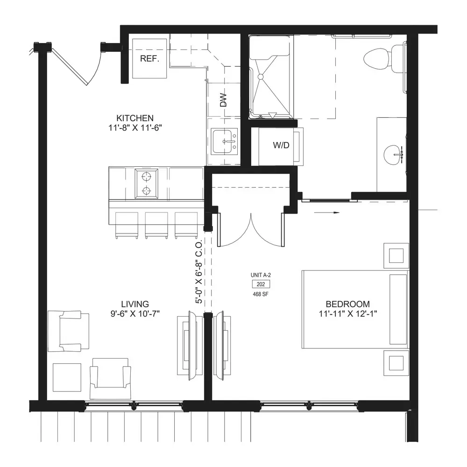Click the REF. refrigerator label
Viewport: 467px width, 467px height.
pyautogui.click(x=149, y=59)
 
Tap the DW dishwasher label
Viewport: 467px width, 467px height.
pyautogui.click(x=223, y=100)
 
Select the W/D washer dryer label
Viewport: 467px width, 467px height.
pyautogui.click(x=281, y=145)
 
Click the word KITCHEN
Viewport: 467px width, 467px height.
pyautogui.click(x=135, y=118)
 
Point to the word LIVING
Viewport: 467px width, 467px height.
pyautogui.click(x=135, y=304)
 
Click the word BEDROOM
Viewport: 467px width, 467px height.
pyautogui.click(x=348, y=304)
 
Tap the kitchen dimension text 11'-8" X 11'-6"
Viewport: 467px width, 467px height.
pyautogui.click(x=135, y=128)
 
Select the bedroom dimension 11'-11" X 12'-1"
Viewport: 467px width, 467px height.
pyautogui.click(x=348, y=314)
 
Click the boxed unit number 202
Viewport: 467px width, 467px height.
pyautogui.click(x=261, y=284)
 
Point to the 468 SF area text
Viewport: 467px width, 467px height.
pyautogui.click(x=261, y=294)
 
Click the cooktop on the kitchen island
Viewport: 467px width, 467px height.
pyautogui.click(x=146, y=184)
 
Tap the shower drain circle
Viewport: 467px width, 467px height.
pyautogui.click(x=261, y=77)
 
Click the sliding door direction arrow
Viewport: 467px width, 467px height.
pyautogui.click(x=327, y=212)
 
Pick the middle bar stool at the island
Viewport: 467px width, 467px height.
pyautogui.click(x=156, y=225)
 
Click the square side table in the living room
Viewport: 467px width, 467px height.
pyautogui.click(x=67, y=377)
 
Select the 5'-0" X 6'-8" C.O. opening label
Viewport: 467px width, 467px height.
pyautogui.click(x=199, y=272)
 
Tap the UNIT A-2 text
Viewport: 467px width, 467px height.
pyautogui.click(x=261, y=276)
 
